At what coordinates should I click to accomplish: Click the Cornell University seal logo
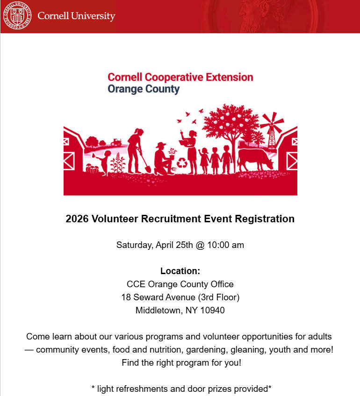[x=17, y=16]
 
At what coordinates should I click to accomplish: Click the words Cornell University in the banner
[x=76, y=16]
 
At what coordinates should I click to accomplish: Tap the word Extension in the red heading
[x=230, y=77]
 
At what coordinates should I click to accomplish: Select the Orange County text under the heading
[x=144, y=89]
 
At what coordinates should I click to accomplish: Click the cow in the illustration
[x=254, y=158]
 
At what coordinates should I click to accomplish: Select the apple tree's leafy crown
[x=224, y=121]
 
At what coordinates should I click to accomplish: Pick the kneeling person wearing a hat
[x=162, y=159]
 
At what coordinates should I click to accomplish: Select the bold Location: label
[x=180, y=271]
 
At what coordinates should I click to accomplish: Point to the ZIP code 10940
[x=213, y=310]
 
